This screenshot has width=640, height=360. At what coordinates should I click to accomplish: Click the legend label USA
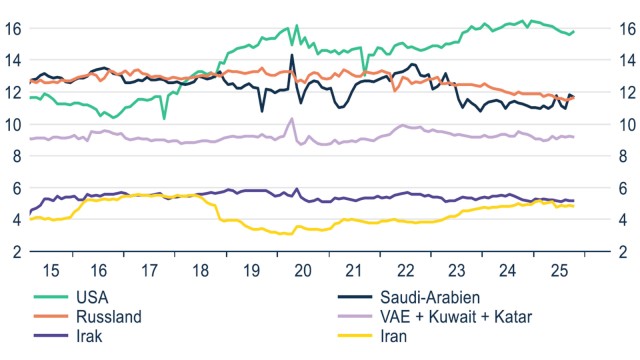[x=92, y=297]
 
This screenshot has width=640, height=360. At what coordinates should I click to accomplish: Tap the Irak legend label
[x=90, y=337]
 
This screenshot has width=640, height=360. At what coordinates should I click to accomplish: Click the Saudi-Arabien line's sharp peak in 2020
[x=292, y=56]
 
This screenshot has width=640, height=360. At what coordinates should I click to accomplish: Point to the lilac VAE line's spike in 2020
[x=292, y=119]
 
